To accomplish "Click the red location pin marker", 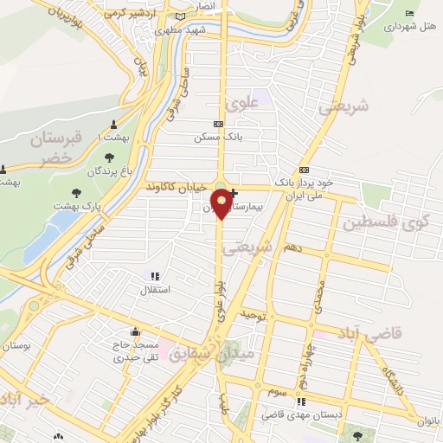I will pos(221,202).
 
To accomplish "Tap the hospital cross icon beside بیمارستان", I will pos(234,192).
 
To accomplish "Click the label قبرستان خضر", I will pos(54,147).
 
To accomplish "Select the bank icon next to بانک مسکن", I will pos(217,125).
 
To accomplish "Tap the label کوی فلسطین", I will pos(385,222).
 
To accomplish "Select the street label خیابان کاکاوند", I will pos(177,187).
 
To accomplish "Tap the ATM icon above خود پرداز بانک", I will pos(303,170).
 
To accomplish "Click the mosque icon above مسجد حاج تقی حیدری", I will pos(135,331).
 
